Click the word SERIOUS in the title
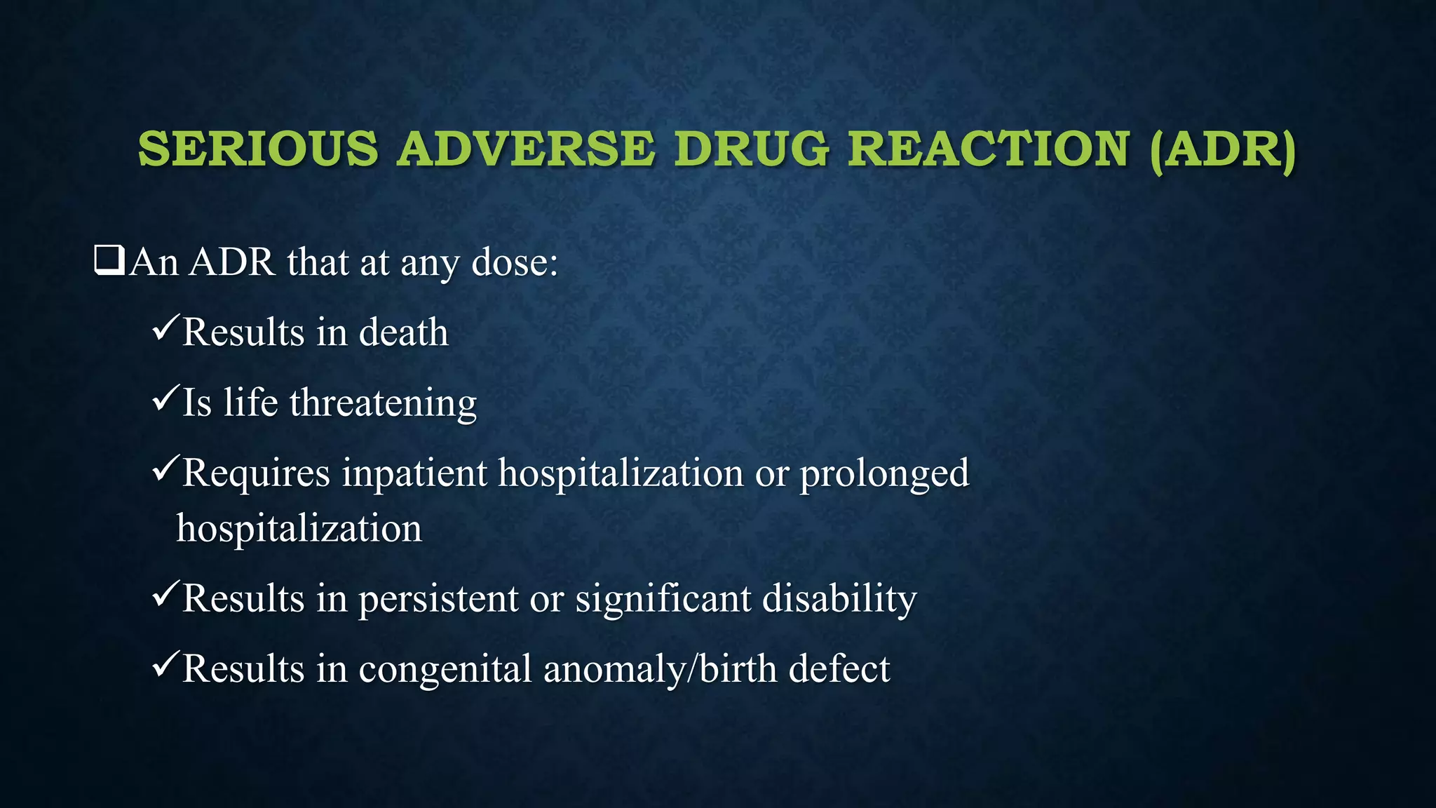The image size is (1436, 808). click(258, 149)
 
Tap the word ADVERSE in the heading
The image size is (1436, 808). click(526, 149)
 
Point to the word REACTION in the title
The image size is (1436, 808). click(989, 149)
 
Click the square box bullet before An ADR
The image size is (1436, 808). click(109, 261)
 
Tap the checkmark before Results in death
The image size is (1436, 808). click(165, 328)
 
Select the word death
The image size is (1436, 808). click(403, 332)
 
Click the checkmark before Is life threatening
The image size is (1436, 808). click(165, 398)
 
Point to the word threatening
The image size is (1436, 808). click(383, 403)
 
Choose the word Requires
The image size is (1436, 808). click(256, 473)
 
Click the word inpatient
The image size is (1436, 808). click(414, 473)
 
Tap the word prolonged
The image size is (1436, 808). click(884, 473)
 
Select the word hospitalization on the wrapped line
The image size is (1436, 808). click(299, 528)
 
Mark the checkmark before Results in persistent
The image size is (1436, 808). click(165, 595)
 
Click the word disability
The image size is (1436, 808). click(839, 599)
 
